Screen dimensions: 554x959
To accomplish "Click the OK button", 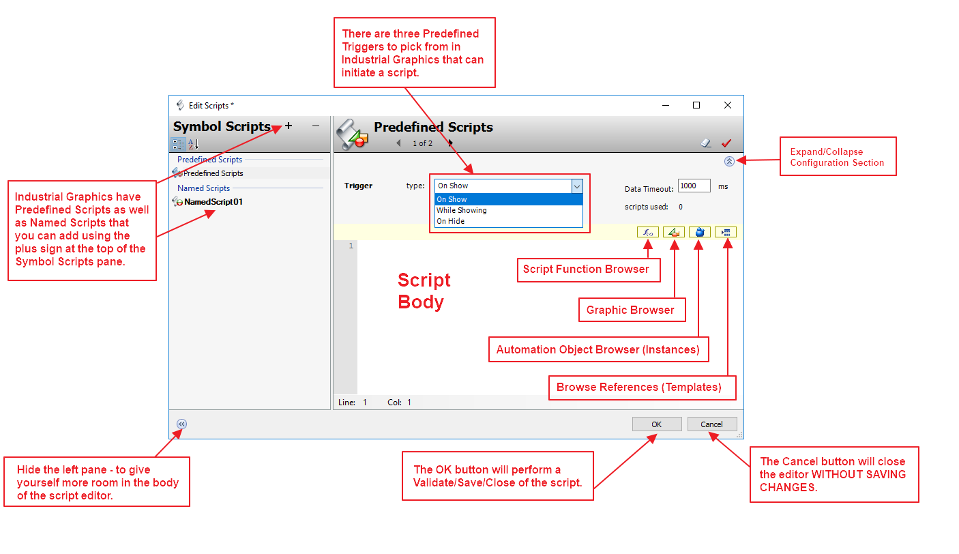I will pos(656,424).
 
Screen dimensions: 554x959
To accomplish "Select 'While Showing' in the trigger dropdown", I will pos(462,210).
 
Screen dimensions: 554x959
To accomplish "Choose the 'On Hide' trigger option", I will pos(450,221).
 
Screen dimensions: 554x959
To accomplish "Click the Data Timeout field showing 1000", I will pos(694,186).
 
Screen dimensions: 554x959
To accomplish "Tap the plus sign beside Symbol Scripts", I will pos(289,126).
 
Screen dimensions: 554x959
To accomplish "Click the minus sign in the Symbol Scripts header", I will pos(315,126).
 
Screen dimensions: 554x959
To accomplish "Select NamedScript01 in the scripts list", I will pos(213,202).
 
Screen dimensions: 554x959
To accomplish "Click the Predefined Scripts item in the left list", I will pos(213,173).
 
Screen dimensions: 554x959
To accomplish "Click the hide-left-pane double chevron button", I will pos(181,424).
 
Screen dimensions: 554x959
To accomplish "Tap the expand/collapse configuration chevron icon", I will pos(729,162).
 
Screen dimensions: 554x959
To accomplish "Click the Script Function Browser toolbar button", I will pos(647,233).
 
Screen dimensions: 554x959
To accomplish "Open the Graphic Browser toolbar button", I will pos(673,233).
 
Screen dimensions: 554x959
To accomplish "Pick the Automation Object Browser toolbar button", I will pos(699,233).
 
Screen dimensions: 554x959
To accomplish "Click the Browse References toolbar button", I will pos(726,233).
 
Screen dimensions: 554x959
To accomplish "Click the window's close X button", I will pos(728,105).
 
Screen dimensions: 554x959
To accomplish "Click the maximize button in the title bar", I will pos(696,105).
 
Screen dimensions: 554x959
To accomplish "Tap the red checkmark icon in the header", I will pos(726,143).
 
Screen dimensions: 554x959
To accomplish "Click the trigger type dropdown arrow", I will pos(577,186).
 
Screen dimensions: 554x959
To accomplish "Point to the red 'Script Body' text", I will pos(424,291).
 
